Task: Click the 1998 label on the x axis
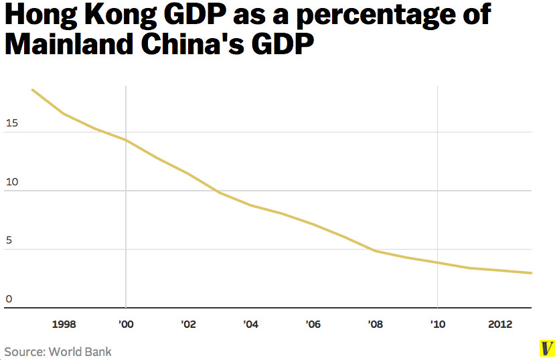point(64,325)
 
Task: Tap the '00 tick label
point(126,325)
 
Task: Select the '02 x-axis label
point(188,325)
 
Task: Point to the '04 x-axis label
point(250,325)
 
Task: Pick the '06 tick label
point(313,325)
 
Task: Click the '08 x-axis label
point(375,325)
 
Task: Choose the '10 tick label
point(437,325)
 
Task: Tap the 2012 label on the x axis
point(500,325)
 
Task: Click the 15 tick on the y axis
point(11,124)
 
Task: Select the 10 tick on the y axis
point(11,182)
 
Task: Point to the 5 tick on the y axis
point(9,241)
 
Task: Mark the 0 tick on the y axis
point(9,299)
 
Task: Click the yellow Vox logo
point(547,348)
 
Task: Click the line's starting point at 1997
point(33,90)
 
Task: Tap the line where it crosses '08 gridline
point(375,251)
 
